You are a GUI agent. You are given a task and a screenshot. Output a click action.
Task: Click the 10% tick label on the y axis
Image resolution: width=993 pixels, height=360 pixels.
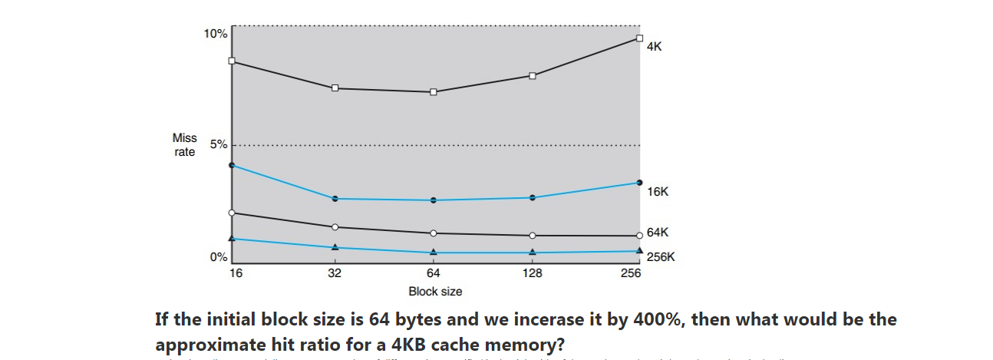tap(215, 34)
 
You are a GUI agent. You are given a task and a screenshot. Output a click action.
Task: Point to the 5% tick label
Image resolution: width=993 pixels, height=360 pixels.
tap(218, 144)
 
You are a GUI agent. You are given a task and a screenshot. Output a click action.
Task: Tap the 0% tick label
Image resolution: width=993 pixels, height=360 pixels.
tap(218, 257)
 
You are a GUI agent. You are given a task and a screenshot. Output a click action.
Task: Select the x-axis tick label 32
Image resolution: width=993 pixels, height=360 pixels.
tap(335, 272)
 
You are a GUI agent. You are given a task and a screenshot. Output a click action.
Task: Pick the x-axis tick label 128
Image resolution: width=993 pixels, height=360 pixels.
tap(533, 272)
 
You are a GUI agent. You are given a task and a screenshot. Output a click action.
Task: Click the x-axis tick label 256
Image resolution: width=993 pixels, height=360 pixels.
tap(632, 272)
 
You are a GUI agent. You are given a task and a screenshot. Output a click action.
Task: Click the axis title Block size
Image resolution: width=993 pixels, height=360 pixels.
tap(435, 292)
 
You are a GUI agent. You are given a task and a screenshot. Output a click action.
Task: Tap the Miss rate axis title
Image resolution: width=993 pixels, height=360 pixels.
tap(185, 145)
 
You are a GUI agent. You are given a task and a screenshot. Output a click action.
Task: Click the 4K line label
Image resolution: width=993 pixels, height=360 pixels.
tap(654, 46)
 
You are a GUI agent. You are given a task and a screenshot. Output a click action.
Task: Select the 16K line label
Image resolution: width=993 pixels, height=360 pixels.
tap(658, 191)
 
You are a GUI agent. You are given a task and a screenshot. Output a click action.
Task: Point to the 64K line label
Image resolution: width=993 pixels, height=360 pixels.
tap(658, 232)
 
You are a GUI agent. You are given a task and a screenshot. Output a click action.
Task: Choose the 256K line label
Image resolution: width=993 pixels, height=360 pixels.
tap(661, 257)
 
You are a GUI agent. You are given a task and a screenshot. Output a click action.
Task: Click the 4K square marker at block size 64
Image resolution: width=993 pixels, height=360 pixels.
tap(434, 92)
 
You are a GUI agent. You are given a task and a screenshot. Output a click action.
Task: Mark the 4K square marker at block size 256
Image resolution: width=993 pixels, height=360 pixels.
tap(639, 38)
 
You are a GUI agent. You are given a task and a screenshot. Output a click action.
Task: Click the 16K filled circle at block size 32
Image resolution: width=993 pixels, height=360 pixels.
tap(335, 199)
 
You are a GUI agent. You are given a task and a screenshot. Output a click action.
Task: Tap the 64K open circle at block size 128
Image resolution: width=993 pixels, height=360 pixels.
tap(533, 235)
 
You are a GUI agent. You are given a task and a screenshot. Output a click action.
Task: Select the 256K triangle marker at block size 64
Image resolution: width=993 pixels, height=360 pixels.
tap(434, 252)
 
